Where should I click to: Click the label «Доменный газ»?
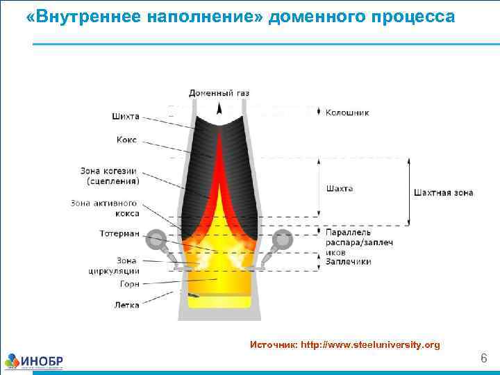click(219, 93)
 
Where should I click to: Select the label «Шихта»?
click(125, 116)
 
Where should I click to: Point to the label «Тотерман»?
click(119, 233)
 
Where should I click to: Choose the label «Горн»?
click(129, 284)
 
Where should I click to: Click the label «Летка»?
click(126, 305)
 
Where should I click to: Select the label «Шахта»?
click(340, 188)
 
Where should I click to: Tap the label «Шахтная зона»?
click(443, 192)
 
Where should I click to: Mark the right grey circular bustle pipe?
click(282, 240)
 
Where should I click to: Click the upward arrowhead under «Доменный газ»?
click(219, 108)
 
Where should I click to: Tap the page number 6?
click(484, 358)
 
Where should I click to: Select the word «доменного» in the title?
click(314, 16)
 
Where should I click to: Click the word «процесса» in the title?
click(410, 16)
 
